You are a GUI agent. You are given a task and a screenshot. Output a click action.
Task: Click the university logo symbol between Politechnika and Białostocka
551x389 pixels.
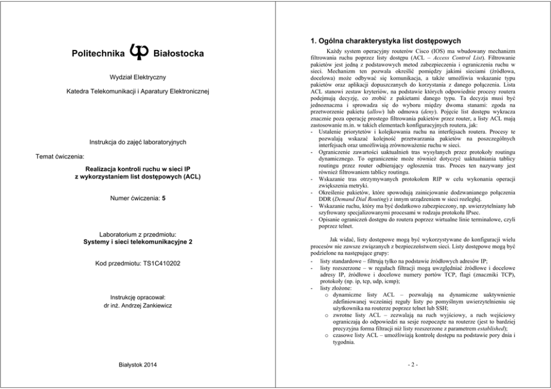coord(138,52)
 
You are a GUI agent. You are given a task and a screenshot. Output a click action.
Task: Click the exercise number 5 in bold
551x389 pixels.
coord(163,198)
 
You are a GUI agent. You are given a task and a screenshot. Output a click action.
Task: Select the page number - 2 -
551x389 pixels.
coord(413,365)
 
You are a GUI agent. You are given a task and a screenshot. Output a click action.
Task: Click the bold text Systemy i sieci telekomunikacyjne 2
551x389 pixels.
coord(138,241)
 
